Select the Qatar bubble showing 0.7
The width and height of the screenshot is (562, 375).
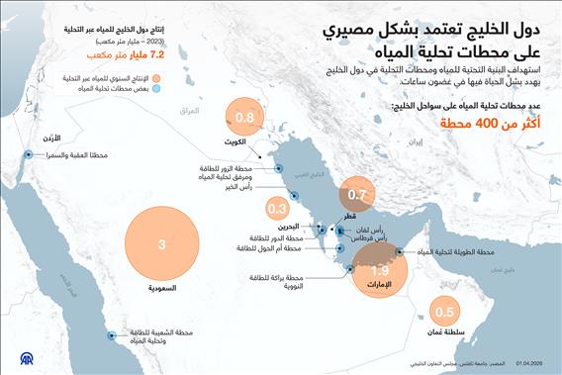pyautogui.click(x=357, y=195)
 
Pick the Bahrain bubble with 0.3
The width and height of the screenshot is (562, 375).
pyautogui.click(x=278, y=208)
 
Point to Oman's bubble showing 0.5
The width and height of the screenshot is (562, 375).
pyautogui.click(x=444, y=313)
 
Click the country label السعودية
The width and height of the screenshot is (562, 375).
pyautogui.click(x=161, y=288)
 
